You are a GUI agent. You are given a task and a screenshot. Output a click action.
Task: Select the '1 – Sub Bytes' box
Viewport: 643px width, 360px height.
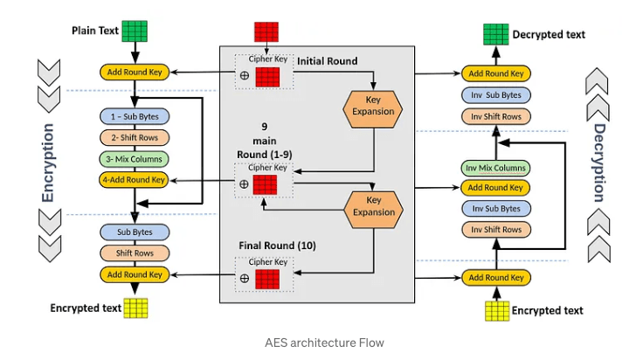(134, 115)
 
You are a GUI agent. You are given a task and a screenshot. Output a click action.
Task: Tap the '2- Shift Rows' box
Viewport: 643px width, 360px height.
(134, 137)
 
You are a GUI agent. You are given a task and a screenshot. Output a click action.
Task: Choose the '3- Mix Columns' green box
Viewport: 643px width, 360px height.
(134, 159)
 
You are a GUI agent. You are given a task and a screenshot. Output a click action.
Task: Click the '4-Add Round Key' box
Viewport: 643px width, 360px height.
(134, 180)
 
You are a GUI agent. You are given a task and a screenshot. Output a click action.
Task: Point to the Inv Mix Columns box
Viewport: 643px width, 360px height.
(494, 167)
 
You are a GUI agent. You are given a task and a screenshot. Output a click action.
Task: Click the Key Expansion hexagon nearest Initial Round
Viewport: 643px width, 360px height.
(374, 105)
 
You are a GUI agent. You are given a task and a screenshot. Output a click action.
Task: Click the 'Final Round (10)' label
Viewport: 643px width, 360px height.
(278, 246)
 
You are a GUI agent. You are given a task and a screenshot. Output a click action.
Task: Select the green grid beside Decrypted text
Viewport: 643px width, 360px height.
(496, 35)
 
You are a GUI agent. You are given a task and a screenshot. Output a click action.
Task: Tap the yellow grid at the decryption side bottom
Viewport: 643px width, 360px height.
(496, 310)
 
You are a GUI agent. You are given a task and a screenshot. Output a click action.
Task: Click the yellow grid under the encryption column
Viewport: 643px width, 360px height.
(135, 308)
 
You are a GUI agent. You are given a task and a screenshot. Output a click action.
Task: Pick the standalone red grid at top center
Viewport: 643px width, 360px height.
(266, 32)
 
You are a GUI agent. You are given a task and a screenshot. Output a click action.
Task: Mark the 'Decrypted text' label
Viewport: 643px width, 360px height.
(550, 35)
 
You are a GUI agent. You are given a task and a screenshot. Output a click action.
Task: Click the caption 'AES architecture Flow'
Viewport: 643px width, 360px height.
(324, 343)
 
